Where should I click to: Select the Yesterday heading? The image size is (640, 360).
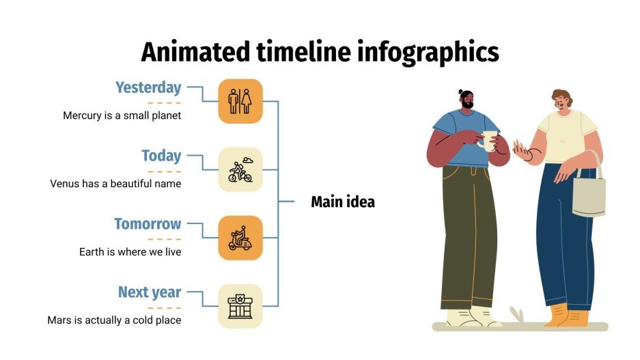point(148,87)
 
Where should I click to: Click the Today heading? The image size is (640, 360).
point(161,156)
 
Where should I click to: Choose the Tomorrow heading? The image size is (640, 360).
point(148,224)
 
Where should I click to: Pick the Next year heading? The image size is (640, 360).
point(150,292)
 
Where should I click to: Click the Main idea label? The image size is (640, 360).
point(343,202)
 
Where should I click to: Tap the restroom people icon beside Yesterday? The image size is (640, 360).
point(240,101)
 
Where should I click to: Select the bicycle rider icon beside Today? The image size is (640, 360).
point(240,169)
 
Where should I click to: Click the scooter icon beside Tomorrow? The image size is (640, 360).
point(240,238)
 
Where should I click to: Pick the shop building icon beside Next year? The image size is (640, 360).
point(240,306)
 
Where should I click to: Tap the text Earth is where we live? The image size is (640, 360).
point(130,252)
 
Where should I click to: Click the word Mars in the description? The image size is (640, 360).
point(59,320)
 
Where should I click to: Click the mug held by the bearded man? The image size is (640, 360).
point(488,140)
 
